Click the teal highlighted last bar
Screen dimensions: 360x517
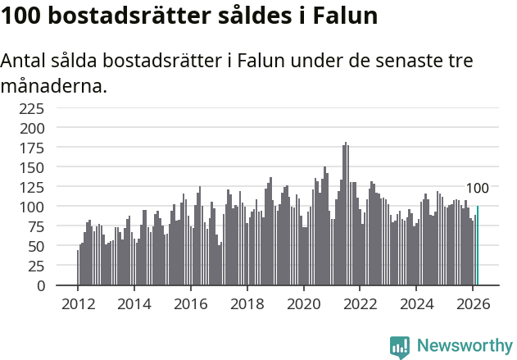(477, 246)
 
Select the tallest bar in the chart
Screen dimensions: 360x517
(346, 215)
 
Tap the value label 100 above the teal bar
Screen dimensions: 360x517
(477, 189)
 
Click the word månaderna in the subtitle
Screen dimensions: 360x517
(54, 85)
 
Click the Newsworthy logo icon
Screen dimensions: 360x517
(400, 347)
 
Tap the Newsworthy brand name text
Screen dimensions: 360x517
(464, 347)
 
